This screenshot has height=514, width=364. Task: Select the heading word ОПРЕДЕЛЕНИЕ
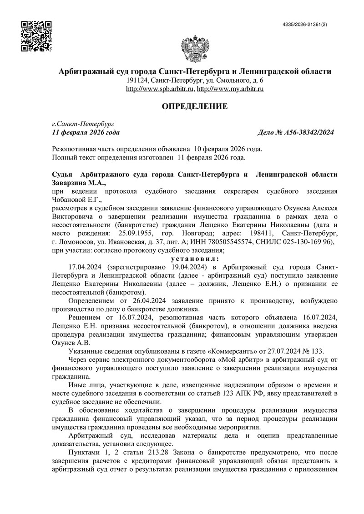pos(195,106)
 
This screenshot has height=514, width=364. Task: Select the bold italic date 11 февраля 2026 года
pos(86,132)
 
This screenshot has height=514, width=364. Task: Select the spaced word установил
pos(195,258)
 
